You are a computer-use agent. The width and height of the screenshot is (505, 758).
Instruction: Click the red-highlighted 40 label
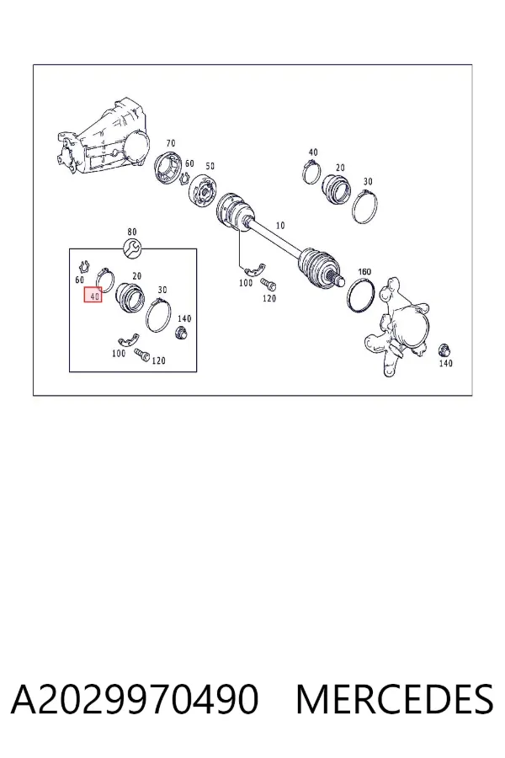pyautogui.click(x=93, y=295)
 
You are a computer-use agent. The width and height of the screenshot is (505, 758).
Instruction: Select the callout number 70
pyautogui.click(x=171, y=143)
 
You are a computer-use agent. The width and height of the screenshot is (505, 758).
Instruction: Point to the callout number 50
pyautogui.click(x=210, y=166)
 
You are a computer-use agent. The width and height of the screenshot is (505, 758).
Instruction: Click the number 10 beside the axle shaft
pyautogui.click(x=280, y=225)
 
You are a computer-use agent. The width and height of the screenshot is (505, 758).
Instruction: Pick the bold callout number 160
pyautogui.click(x=364, y=272)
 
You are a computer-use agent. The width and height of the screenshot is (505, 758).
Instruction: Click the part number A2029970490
pyautogui.click(x=135, y=699)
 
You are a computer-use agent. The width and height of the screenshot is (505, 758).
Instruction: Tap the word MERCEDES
pyautogui.click(x=395, y=699)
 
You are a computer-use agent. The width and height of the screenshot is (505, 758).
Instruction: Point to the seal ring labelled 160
pyautogui.click(x=361, y=295)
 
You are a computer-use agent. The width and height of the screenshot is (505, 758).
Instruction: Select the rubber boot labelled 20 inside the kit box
pyautogui.click(x=130, y=297)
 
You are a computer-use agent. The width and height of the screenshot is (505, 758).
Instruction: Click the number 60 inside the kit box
pyautogui.click(x=80, y=280)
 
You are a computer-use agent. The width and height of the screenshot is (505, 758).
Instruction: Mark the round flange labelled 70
pyautogui.click(x=168, y=168)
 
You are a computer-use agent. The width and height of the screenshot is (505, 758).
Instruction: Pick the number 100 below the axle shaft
pyautogui.click(x=246, y=282)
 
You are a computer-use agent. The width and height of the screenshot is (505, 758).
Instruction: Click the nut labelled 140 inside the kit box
pyautogui.click(x=182, y=333)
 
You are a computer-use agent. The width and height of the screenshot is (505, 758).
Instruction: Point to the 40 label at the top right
pyautogui.click(x=313, y=152)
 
